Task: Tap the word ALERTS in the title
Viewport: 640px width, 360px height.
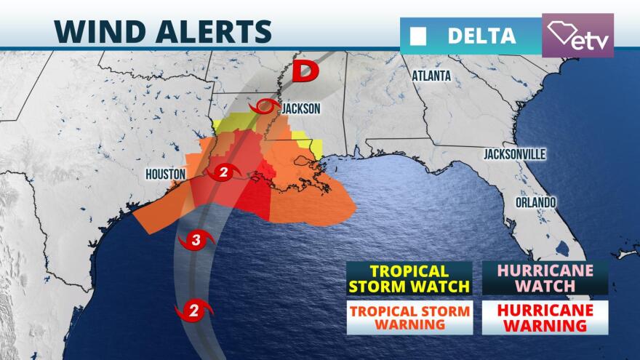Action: (x=211, y=31)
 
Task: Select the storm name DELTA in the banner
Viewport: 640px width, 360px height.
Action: (x=481, y=36)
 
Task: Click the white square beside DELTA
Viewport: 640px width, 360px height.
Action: (x=420, y=36)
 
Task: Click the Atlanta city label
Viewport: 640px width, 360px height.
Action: (x=431, y=76)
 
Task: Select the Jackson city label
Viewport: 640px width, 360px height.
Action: (x=301, y=108)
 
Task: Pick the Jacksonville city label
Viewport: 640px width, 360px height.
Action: (x=514, y=155)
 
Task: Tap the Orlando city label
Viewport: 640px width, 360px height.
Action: (x=537, y=201)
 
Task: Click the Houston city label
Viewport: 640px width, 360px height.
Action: (x=167, y=174)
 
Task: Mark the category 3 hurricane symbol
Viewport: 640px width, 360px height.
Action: (x=196, y=239)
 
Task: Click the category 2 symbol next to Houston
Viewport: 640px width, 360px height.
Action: (x=224, y=173)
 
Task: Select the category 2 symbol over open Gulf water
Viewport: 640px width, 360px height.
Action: (x=194, y=311)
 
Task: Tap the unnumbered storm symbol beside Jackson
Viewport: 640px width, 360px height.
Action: (x=265, y=108)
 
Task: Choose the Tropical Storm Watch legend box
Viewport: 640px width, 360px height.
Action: (x=408, y=279)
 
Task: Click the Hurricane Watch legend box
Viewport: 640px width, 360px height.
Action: (x=545, y=279)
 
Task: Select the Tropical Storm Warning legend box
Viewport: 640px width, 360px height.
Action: (x=408, y=317)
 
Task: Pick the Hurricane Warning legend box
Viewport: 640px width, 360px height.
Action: (x=545, y=317)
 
